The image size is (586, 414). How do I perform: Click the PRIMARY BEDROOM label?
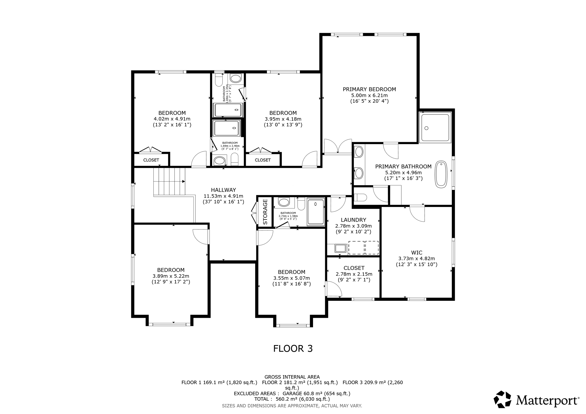369,89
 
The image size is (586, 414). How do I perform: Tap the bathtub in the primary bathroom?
441,174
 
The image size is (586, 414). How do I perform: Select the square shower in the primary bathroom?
435,127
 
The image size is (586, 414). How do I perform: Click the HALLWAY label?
223,190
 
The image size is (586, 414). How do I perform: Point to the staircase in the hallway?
169,182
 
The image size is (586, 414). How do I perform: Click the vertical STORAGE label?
265,212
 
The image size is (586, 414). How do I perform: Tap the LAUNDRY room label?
353,220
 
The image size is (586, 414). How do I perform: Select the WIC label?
417,253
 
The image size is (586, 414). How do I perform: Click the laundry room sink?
340,248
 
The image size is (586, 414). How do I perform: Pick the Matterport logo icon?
502,399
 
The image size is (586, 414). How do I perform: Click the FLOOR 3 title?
293,349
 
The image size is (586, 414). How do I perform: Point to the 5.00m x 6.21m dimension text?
369,95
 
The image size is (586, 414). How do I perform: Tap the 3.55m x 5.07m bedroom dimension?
292,278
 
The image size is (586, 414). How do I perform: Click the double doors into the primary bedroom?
338,147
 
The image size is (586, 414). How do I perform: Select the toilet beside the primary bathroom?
361,197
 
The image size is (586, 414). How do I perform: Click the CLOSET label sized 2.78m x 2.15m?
354,268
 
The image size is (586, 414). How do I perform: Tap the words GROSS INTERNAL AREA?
292,377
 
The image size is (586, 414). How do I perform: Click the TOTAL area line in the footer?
292,399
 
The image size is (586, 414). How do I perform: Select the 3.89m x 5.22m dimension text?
171,276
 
